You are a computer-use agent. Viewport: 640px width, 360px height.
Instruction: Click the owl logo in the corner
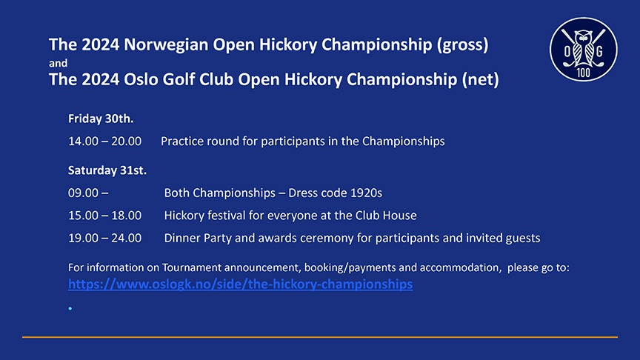pos(583,50)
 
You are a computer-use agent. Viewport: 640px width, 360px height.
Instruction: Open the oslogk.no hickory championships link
pos(241,284)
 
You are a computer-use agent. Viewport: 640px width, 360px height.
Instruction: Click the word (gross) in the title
pos(462,44)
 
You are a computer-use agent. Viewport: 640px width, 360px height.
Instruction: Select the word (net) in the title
pos(481,79)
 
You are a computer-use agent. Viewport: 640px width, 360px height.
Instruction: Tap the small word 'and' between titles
pos(58,63)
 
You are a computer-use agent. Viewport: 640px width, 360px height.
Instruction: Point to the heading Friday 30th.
pos(101,119)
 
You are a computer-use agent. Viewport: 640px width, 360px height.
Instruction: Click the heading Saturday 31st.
pos(107,170)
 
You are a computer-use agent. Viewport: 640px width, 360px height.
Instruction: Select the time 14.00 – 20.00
pos(105,141)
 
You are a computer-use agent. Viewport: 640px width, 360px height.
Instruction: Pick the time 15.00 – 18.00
pos(105,216)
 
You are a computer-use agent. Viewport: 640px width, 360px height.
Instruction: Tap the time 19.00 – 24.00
pos(105,238)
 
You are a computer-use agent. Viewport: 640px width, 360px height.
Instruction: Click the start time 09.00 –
pos(88,193)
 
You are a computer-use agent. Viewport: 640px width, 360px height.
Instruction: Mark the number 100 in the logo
pos(583,73)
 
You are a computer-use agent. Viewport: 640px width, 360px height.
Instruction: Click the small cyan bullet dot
pos(70,309)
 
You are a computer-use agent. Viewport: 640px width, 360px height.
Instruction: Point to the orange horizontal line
pos(320,337)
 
